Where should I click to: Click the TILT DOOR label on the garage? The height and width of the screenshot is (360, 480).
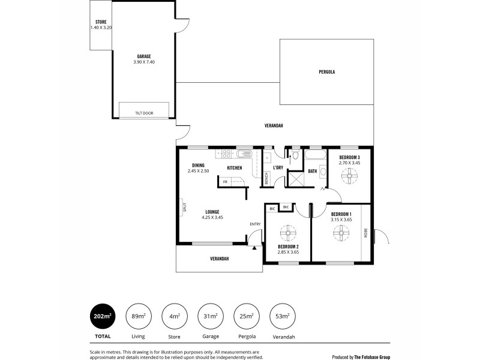(x=144, y=112)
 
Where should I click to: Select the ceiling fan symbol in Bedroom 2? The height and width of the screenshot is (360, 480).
(x=289, y=233)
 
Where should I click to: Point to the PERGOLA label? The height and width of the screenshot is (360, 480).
(x=326, y=72)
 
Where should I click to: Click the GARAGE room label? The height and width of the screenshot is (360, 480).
(x=144, y=56)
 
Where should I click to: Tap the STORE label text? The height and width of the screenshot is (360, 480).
(x=101, y=22)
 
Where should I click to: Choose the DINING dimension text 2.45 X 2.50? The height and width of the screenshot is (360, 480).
(x=199, y=171)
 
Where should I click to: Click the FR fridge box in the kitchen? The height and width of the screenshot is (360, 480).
(x=226, y=181)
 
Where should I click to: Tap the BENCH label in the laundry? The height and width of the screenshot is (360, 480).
(x=266, y=178)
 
